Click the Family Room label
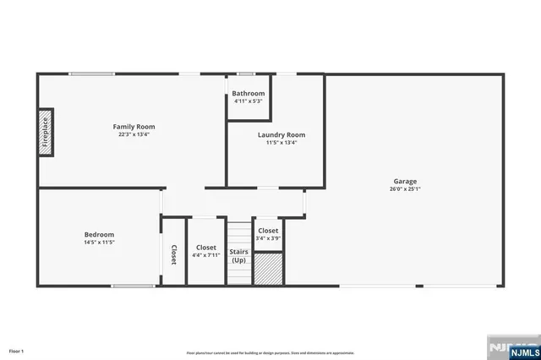click(x=134, y=127)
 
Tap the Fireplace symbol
click(x=45, y=133)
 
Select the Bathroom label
click(x=249, y=93)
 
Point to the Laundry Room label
click(x=281, y=134)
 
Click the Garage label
click(x=405, y=181)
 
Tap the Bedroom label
click(x=99, y=234)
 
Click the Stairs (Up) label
click(x=239, y=255)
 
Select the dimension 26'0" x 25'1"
click(x=405, y=189)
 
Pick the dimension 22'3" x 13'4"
click(x=134, y=134)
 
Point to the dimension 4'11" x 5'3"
click(x=249, y=101)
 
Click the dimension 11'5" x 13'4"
click(x=281, y=143)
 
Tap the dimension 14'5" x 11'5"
click(x=99, y=243)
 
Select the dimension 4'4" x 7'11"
click(x=205, y=254)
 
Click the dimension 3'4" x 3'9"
click(x=268, y=238)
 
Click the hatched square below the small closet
click(x=268, y=269)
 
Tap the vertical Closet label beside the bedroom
click(x=173, y=255)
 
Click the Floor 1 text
click(x=17, y=350)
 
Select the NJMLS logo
click(x=511, y=347)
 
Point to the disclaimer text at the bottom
click(x=270, y=352)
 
